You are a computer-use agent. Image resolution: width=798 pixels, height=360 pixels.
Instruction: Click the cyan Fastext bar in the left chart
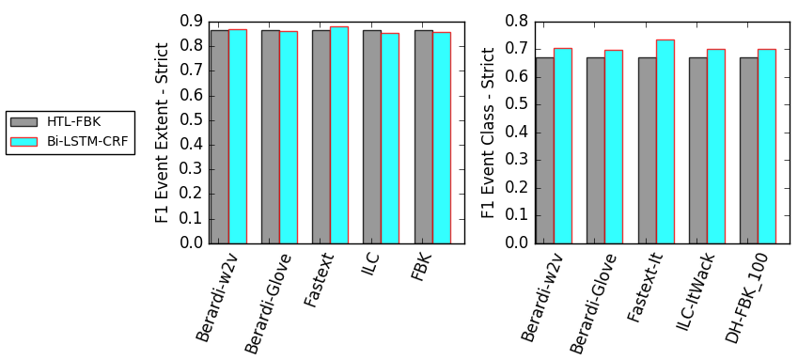point(339,135)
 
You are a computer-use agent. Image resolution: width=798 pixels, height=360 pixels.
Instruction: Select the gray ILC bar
point(372,137)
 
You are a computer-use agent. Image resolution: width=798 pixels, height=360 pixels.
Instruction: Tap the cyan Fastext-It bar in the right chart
point(665,142)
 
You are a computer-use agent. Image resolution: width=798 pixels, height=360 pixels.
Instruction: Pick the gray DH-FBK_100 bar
point(749,150)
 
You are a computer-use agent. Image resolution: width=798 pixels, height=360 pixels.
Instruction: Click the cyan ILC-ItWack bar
point(716,147)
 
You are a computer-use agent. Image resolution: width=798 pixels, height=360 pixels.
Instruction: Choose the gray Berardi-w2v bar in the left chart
point(220,137)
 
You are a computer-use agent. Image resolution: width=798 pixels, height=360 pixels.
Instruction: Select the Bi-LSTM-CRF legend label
point(83,142)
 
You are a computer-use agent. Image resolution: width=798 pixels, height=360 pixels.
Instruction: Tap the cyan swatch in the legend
point(24,142)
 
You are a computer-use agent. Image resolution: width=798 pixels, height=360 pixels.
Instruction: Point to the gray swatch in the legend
point(24,121)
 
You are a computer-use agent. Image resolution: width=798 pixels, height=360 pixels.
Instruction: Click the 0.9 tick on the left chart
point(192,22)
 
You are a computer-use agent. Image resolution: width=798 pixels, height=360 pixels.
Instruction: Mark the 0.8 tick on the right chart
point(516,22)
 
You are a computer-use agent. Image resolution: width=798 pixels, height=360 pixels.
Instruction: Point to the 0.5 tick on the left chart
point(192,120)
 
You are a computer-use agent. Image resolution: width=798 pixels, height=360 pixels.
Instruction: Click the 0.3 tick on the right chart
point(516,161)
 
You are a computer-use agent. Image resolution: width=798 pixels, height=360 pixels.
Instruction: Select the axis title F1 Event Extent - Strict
point(162,133)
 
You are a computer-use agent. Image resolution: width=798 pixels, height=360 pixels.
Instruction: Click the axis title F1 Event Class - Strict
point(488,133)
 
